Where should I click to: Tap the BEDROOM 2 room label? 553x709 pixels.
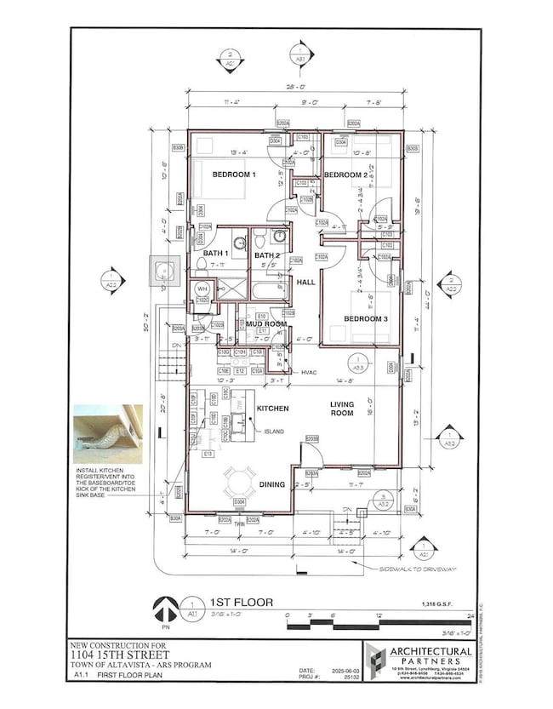(345, 174)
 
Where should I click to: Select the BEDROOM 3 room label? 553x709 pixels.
(367, 318)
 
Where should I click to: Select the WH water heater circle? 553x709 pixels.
(202, 289)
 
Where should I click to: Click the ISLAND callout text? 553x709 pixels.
(274, 432)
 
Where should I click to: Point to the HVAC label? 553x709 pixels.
(309, 372)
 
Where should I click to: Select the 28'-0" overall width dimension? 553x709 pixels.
(292, 87)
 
